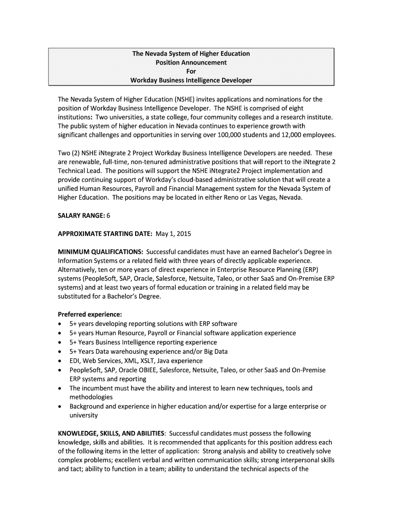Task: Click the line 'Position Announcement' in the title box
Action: [191, 62]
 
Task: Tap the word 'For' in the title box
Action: [191, 72]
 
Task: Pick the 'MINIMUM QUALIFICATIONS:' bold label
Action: [100, 252]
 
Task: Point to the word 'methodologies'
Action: [91, 397]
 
